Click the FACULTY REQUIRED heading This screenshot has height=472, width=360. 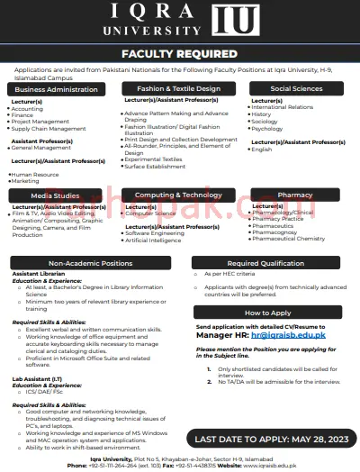[x=180, y=54]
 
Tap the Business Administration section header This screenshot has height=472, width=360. [x=56, y=89]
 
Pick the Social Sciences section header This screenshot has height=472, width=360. [x=295, y=89]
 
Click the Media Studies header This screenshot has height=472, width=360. [x=56, y=195]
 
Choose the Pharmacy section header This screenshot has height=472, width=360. [x=295, y=195]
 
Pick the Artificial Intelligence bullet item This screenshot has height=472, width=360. [x=154, y=241]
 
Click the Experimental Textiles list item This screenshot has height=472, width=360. [x=154, y=159]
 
